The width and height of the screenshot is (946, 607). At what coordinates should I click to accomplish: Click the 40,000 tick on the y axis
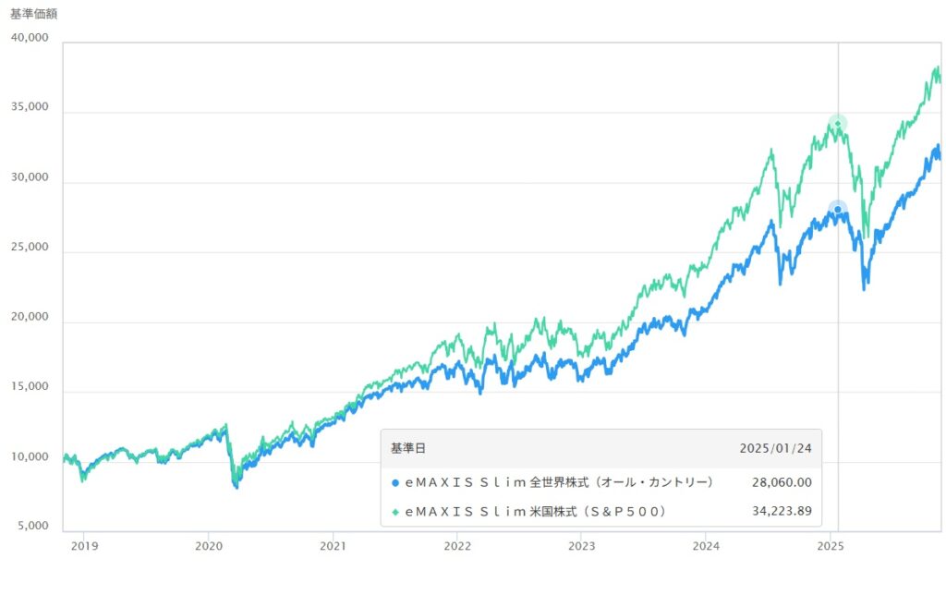(x=29, y=38)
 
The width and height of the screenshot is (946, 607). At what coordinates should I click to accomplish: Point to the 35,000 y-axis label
(x=29, y=107)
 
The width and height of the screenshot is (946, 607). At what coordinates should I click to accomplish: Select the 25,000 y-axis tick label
(x=29, y=248)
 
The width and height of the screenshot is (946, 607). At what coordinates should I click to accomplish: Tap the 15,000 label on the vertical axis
(x=29, y=387)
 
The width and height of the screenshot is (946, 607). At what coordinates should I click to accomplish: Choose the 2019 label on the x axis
(x=84, y=545)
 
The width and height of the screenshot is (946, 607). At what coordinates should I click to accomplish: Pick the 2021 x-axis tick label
(x=333, y=545)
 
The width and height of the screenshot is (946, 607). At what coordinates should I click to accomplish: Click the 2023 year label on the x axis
(x=582, y=545)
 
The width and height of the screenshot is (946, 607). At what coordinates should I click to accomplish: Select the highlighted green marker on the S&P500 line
(x=838, y=123)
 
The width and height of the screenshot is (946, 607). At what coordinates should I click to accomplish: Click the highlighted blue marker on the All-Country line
(x=838, y=210)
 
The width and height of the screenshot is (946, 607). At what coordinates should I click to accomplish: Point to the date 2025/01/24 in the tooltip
(x=775, y=448)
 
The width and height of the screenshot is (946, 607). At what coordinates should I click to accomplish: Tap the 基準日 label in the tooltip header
(x=408, y=448)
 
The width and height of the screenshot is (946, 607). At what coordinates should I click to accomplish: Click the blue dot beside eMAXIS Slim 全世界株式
(x=395, y=482)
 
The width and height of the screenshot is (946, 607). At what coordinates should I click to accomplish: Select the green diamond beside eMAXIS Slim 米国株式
(x=395, y=511)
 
